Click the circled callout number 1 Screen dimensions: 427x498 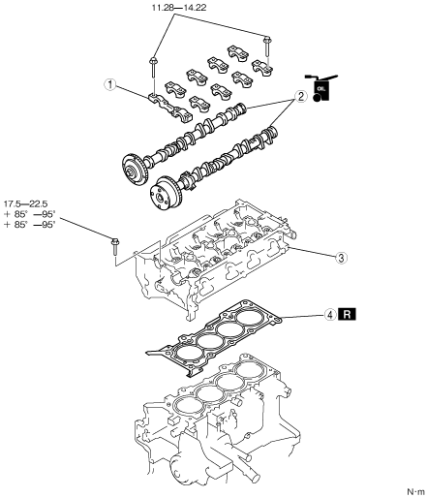110,85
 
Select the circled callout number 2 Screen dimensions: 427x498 300,96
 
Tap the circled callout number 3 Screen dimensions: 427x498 341,258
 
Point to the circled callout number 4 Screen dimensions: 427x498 330,314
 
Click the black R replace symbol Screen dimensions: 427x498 347,314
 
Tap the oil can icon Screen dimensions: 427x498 321,88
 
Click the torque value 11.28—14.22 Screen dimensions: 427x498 179,7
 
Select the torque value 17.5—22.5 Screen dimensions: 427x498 25,204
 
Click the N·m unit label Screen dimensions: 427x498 416,492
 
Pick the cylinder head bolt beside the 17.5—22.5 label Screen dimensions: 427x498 114,247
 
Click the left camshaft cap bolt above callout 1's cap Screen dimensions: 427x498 153,67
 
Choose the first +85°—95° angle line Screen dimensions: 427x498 30,214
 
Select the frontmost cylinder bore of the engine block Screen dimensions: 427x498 184,405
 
